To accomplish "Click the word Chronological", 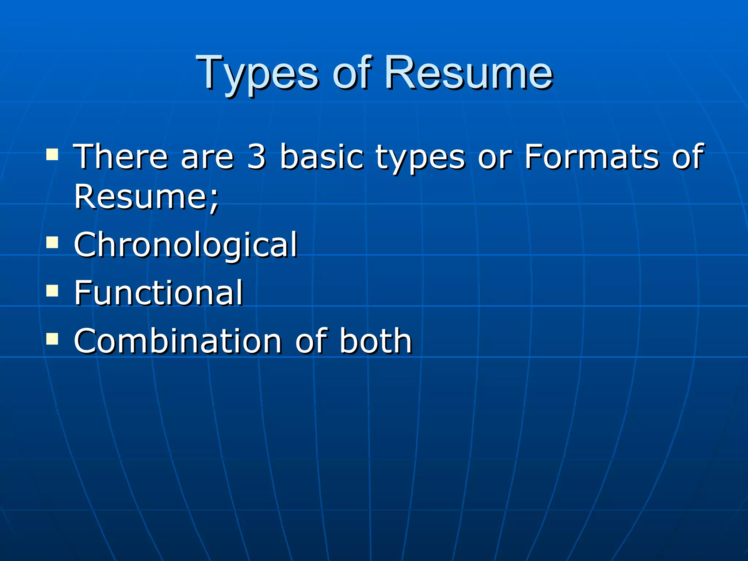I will tap(186, 244).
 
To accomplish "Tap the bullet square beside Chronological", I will tap(52, 242).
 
